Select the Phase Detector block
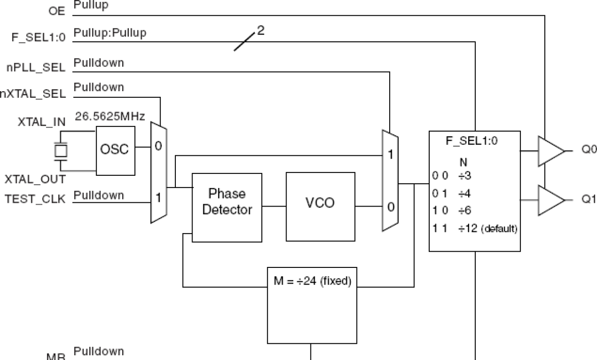227,202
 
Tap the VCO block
320,203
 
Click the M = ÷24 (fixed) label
312,282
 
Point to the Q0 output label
588,149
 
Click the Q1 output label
588,199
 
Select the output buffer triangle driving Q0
550,152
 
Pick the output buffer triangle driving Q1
550,200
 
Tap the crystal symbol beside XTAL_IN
60,151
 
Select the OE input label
57,10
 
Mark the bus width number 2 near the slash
260,31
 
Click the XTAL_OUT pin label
35,180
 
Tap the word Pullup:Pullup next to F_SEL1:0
110,33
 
